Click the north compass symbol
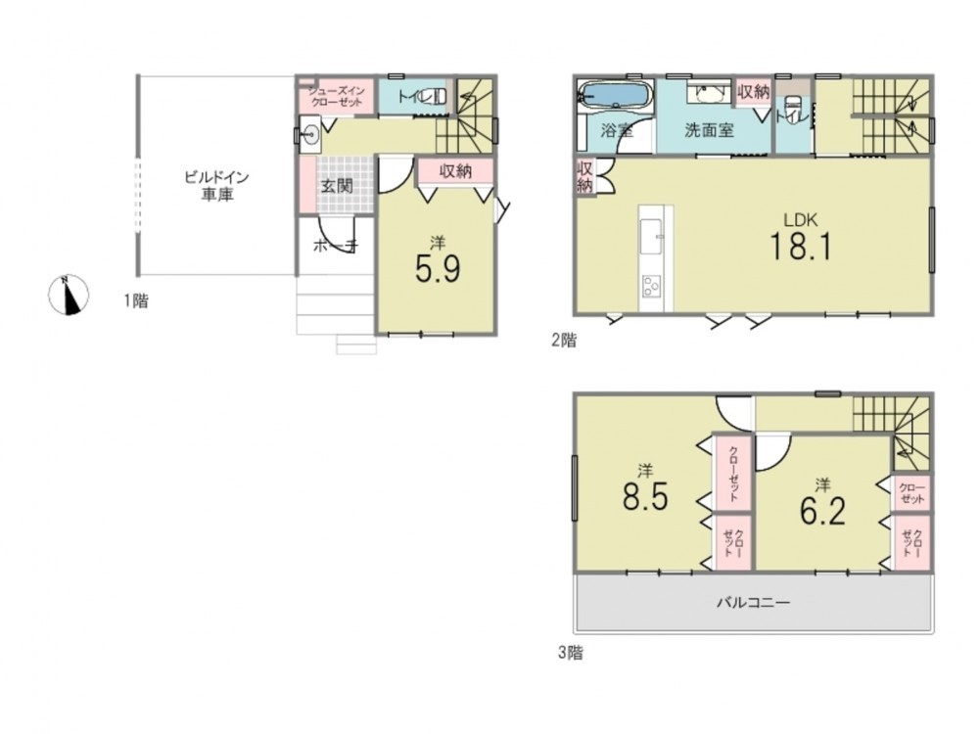(x=69, y=295)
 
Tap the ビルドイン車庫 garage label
(x=216, y=185)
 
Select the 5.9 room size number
(x=438, y=270)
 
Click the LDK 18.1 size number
(x=801, y=246)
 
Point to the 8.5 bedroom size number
(x=645, y=497)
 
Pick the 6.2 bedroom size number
(x=822, y=512)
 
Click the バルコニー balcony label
(x=753, y=602)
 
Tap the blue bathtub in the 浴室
(x=616, y=96)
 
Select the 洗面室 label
(x=709, y=130)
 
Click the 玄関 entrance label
(x=337, y=185)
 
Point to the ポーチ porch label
(x=335, y=246)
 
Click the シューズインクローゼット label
(x=337, y=96)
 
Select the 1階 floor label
(x=135, y=300)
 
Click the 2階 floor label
(x=564, y=341)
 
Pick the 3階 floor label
(x=571, y=653)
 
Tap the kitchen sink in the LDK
(x=652, y=237)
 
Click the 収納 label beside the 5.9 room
(x=455, y=170)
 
